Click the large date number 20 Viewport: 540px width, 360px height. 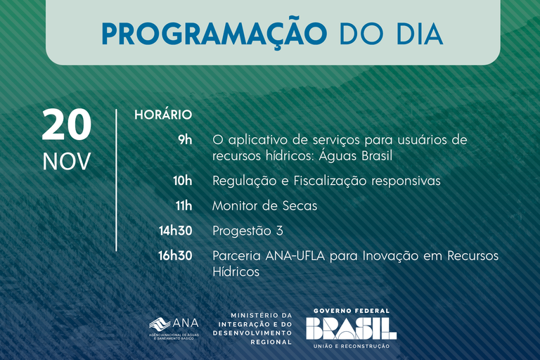tap(67, 126)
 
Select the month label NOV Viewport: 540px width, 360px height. tap(67, 162)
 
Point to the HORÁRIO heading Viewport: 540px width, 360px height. tap(163, 115)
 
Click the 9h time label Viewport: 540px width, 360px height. tap(184, 140)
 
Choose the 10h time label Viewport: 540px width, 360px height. tap(182, 181)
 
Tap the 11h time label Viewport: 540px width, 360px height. tap(183, 206)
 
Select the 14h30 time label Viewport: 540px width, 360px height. tap(175, 231)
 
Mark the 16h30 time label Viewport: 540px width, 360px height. tap(175, 256)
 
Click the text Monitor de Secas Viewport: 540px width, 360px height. tap(264, 206)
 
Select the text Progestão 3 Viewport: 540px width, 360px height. tap(247, 231)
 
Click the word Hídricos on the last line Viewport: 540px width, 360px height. tap(236, 271)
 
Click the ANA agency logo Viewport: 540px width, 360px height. tap(174, 326)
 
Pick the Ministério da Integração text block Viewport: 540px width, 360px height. tap(260, 328)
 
